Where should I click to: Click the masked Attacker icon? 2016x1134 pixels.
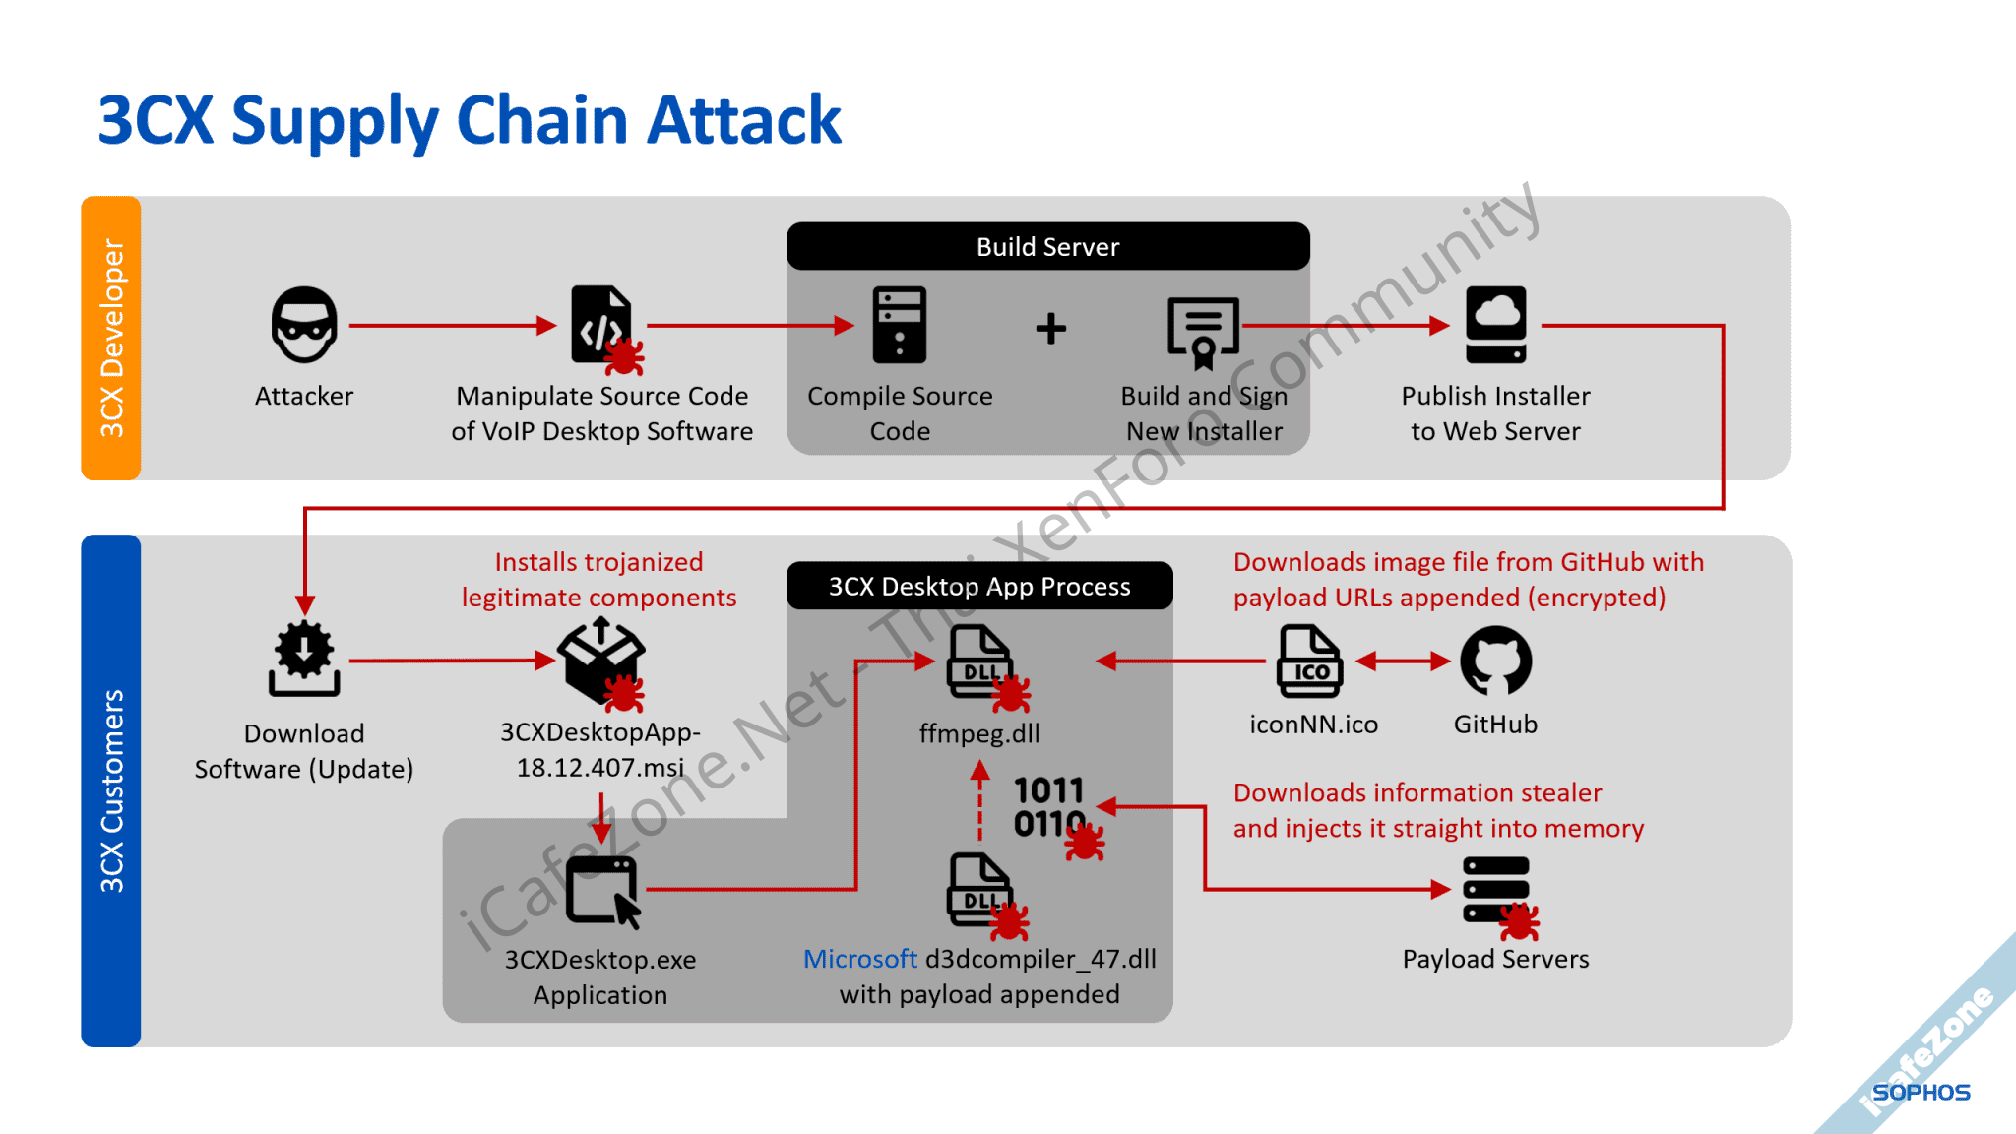point(304,325)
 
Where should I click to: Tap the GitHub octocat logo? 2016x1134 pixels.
point(1495,661)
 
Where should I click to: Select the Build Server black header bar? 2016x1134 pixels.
point(1047,246)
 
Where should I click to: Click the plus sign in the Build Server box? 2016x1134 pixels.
point(1051,328)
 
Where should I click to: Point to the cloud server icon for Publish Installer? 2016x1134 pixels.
point(1495,325)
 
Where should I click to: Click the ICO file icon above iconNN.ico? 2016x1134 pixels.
point(1310,661)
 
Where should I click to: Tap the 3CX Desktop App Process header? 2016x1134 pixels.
point(979,587)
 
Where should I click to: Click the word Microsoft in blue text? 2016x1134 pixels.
point(859,959)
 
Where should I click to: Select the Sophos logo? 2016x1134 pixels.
point(1921,1093)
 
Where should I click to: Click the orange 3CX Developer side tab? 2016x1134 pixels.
point(111,338)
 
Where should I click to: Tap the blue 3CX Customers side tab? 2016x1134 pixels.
point(111,790)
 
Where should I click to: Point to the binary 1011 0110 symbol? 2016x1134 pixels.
point(1049,807)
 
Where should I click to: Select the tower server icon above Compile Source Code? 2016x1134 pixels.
point(900,325)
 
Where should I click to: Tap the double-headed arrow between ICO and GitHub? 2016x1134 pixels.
point(1403,661)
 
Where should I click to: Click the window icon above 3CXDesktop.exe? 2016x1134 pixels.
point(601,890)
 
